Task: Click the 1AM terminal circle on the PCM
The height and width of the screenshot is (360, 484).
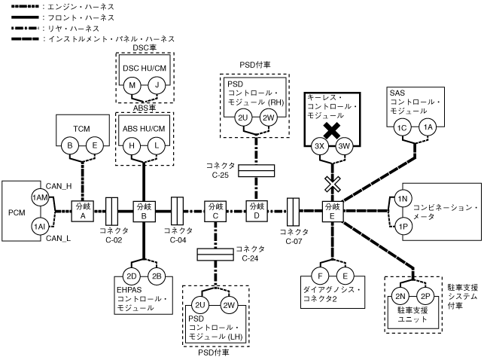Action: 38,197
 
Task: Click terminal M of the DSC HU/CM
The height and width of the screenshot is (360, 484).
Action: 132,86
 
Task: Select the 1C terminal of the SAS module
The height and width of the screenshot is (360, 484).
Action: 403,128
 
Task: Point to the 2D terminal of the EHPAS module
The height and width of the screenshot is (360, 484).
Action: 132,275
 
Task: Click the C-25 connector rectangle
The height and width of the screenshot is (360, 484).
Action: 256,171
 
